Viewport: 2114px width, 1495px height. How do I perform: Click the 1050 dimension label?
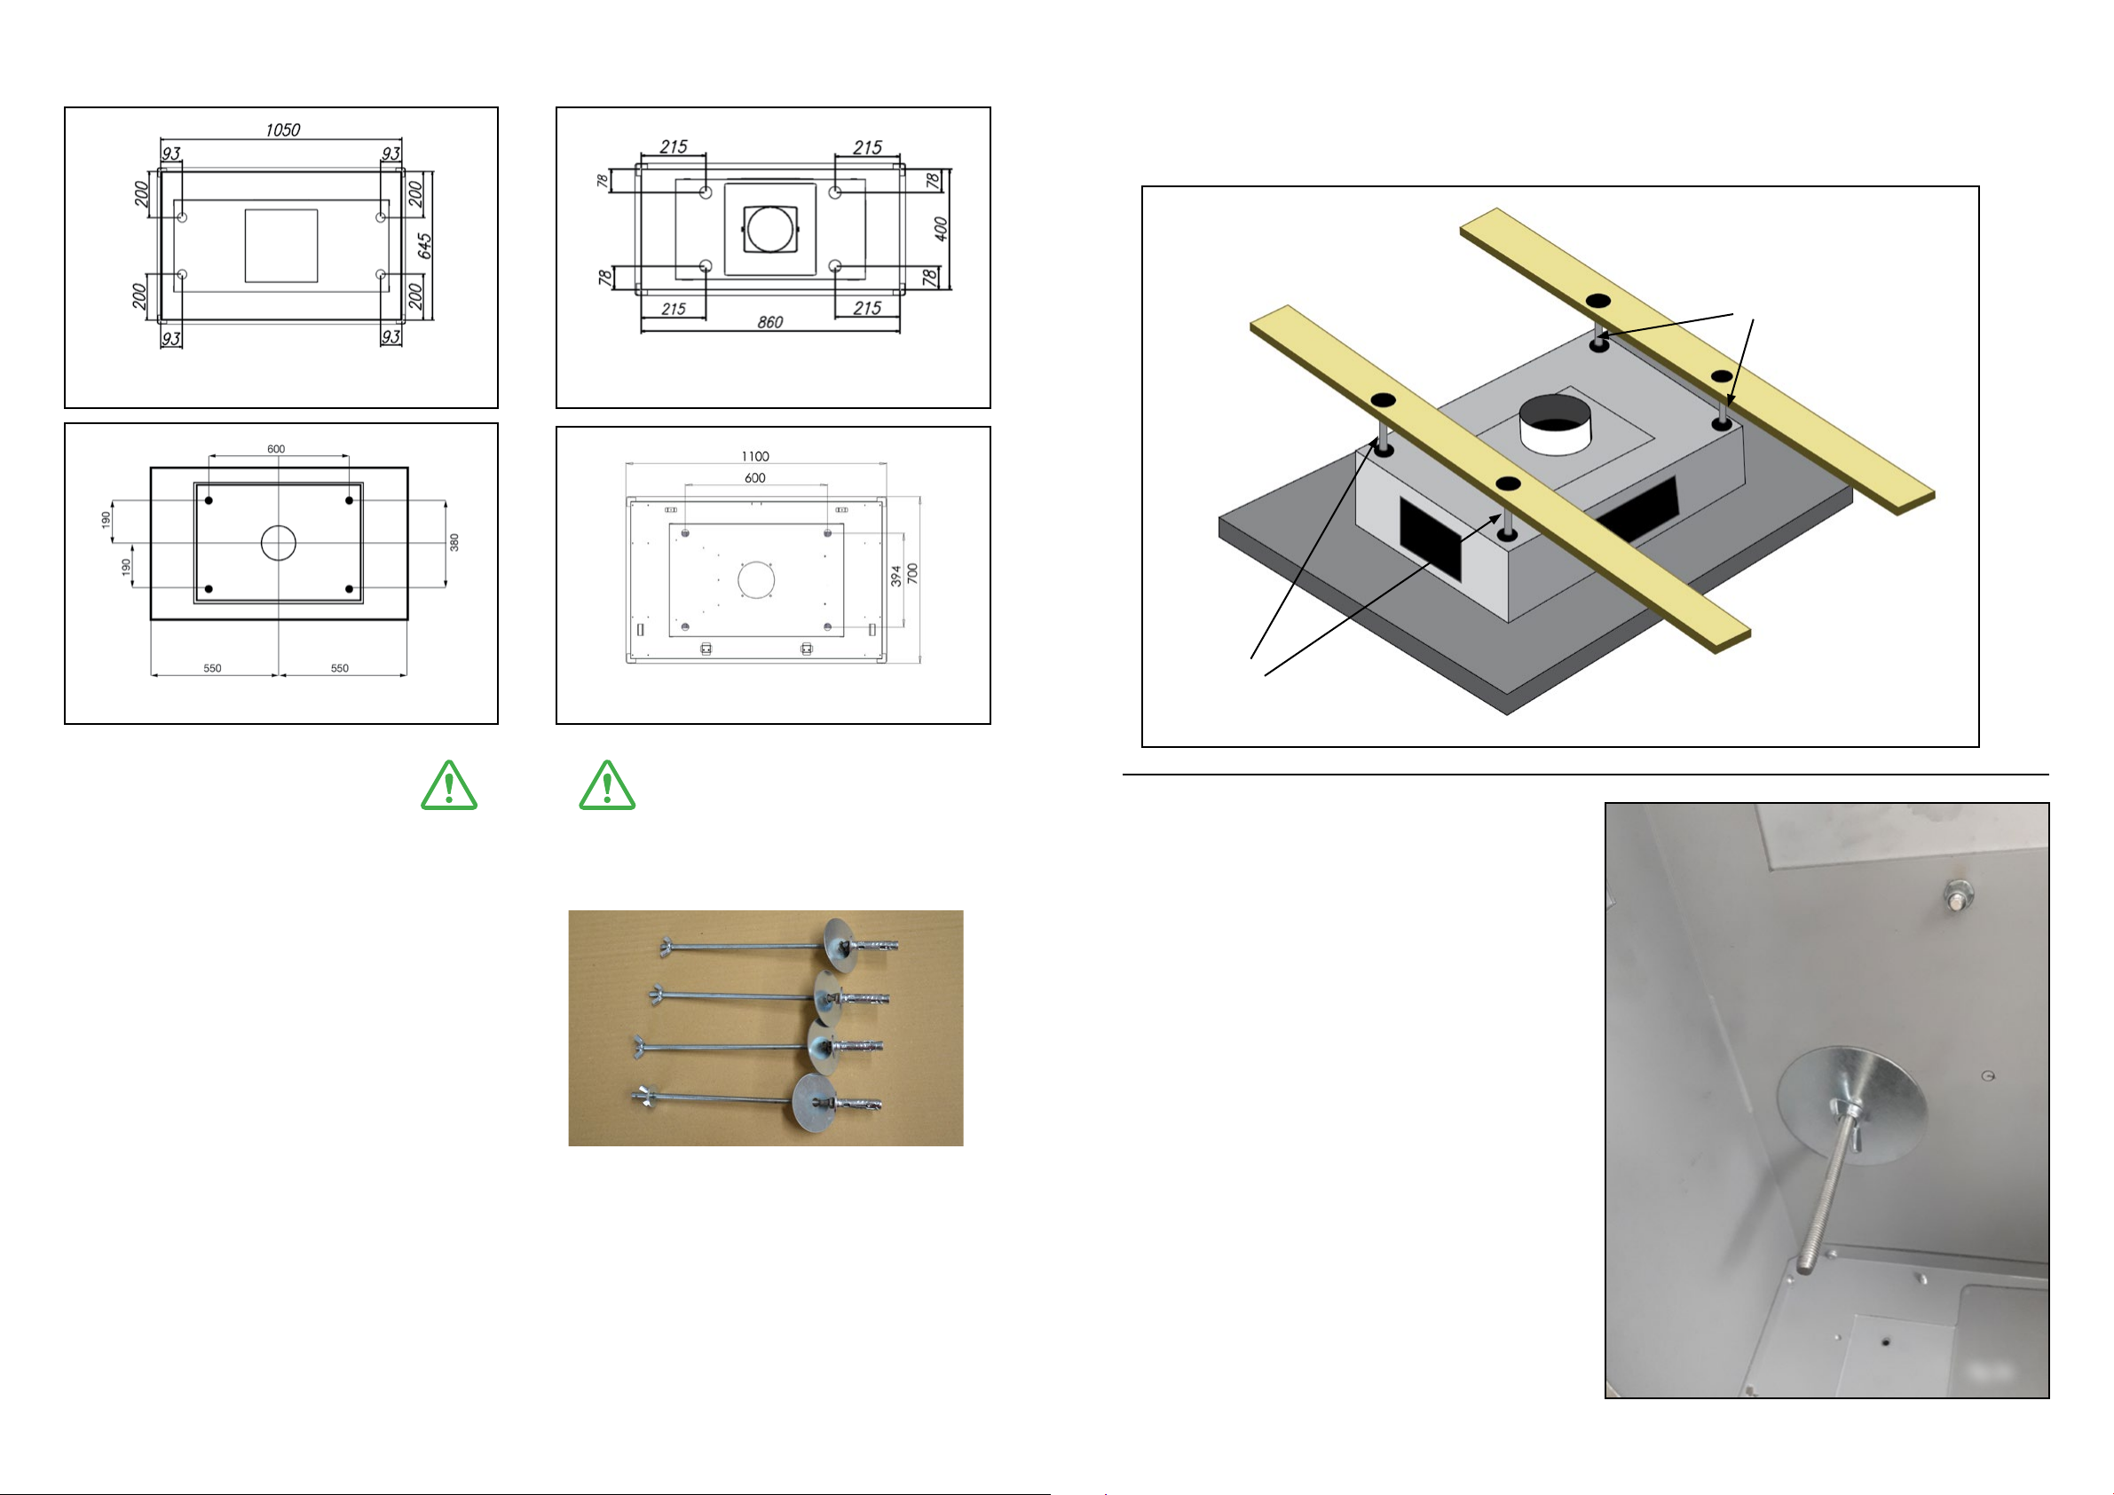click(282, 130)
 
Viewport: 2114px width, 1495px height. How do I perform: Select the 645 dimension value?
click(423, 246)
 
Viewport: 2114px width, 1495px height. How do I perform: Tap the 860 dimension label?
click(769, 322)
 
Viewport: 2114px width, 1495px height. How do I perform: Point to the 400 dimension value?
click(940, 228)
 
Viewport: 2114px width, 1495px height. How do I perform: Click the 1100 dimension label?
click(755, 457)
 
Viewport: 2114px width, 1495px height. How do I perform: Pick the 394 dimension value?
click(895, 577)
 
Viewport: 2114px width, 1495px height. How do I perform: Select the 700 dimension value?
click(912, 572)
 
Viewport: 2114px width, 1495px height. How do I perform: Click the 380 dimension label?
click(454, 543)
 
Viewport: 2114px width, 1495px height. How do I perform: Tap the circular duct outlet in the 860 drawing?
click(769, 229)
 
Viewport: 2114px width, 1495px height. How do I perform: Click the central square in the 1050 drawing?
click(280, 246)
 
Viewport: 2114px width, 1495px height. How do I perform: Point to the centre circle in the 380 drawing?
click(278, 543)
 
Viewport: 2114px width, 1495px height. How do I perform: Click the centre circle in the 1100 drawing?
click(756, 579)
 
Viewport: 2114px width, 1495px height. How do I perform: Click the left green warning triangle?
click(448, 785)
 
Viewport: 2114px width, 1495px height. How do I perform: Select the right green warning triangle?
click(607, 785)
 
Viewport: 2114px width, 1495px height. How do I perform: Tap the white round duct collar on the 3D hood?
click(1555, 424)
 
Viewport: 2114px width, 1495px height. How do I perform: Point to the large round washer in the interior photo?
click(1850, 1105)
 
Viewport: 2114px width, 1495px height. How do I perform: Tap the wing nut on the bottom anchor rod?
click(644, 1097)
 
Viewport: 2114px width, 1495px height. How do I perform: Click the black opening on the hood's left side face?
click(1430, 539)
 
